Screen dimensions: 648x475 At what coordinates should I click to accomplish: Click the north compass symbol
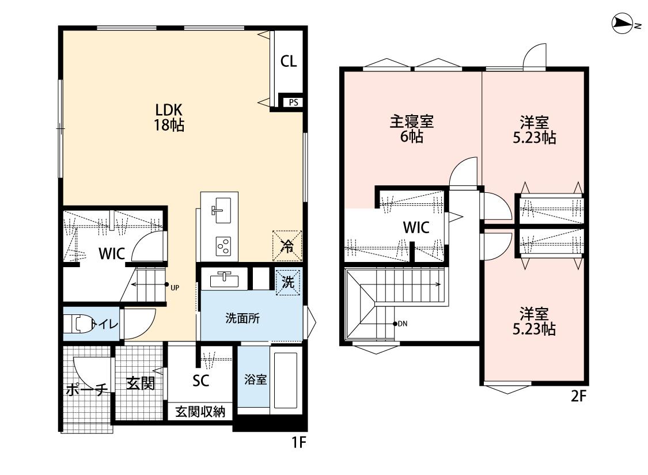click(x=623, y=24)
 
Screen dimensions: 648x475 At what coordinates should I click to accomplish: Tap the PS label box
click(x=293, y=102)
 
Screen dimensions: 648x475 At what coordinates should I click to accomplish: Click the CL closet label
click(x=289, y=62)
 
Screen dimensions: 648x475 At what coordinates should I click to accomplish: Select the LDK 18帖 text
click(x=169, y=117)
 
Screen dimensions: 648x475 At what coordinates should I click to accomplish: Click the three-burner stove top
click(x=223, y=246)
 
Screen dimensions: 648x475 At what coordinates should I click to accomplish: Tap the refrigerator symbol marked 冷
click(x=287, y=246)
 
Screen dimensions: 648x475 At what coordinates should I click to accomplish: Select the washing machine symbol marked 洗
click(x=288, y=282)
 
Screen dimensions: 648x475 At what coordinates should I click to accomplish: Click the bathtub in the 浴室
click(x=286, y=379)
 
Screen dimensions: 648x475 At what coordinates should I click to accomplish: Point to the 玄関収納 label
click(x=200, y=412)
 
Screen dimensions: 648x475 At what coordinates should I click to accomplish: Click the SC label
click(x=201, y=381)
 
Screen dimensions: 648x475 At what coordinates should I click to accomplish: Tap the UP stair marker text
click(x=175, y=288)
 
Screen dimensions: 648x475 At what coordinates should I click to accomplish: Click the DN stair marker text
click(x=403, y=324)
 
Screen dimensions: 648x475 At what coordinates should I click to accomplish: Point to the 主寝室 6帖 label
click(x=412, y=129)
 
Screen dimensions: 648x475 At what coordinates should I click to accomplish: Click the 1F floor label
click(x=299, y=442)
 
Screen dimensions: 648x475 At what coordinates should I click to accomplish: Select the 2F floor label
click(x=578, y=396)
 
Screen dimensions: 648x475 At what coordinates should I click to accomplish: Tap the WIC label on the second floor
click(x=416, y=227)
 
